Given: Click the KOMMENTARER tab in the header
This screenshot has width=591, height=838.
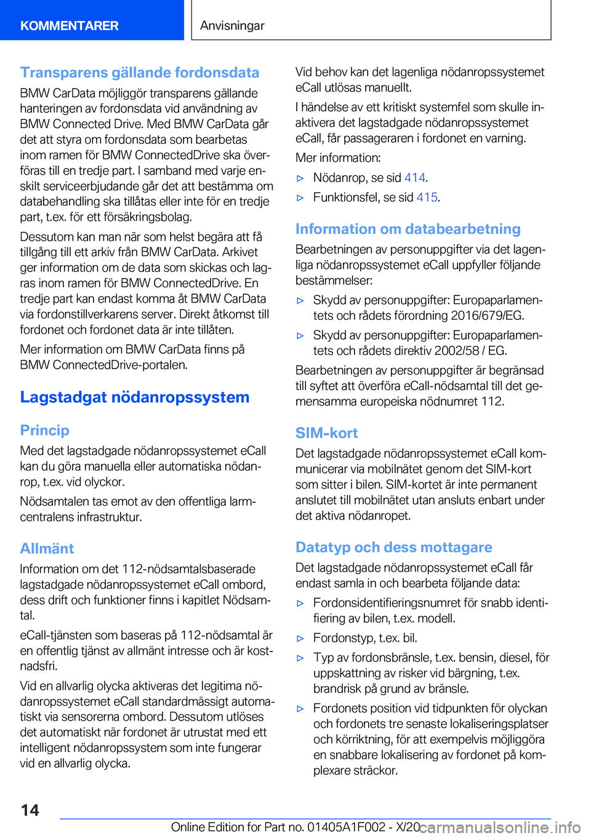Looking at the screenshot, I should (69, 26).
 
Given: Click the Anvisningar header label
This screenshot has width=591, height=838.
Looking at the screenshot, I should (232, 26).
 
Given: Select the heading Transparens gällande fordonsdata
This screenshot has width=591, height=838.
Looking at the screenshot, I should (140, 73).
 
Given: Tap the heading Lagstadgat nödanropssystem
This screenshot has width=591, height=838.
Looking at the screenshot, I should (135, 397).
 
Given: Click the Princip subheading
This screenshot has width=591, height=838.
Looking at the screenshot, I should (44, 431).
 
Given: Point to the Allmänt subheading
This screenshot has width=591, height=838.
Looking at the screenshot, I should (47, 549).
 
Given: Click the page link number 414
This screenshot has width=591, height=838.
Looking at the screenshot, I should (414, 178).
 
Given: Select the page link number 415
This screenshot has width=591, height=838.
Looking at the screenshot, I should (427, 198).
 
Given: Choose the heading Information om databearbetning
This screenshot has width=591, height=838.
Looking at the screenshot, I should (408, 229).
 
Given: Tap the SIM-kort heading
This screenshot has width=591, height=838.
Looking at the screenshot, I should (326, 433).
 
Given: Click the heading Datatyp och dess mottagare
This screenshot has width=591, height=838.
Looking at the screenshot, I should (393, 548).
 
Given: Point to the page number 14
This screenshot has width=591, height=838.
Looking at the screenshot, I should (30, 810).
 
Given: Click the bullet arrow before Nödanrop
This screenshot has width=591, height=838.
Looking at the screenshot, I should (300, 178).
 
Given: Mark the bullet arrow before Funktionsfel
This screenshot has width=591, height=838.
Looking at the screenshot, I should (300, 198).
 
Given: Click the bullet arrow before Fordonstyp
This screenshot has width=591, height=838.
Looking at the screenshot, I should (300, 639).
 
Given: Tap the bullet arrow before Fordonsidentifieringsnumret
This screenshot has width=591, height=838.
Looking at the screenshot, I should (300, 604).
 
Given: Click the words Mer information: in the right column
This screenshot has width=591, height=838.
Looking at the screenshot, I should (338, 158).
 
